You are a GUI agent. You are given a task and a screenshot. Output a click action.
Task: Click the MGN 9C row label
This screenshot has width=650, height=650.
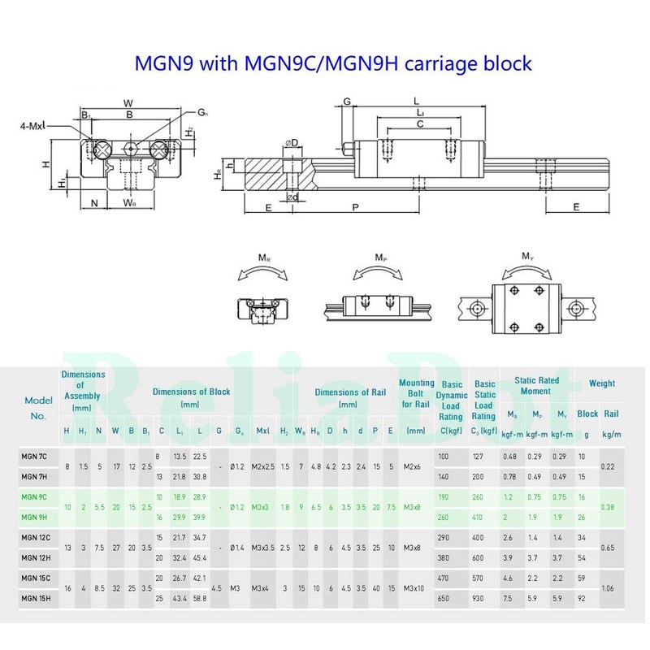tap(34, 496)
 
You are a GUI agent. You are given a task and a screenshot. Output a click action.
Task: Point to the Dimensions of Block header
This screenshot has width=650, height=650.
tap(191, 396)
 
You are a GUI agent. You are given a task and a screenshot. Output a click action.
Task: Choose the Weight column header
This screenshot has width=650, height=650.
tap(601, 383)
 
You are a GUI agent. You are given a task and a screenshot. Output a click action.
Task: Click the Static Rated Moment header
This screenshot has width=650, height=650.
tap(537, 386)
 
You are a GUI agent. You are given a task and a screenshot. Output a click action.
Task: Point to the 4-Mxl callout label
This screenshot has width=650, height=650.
tap(33, 126)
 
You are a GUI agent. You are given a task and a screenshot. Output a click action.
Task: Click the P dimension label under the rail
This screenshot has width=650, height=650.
tap(355, 207)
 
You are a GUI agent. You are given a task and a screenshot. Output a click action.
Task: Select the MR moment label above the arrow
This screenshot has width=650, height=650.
tap(265, 258)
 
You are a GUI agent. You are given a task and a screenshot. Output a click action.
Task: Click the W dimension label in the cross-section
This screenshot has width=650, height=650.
tap(128, 102)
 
